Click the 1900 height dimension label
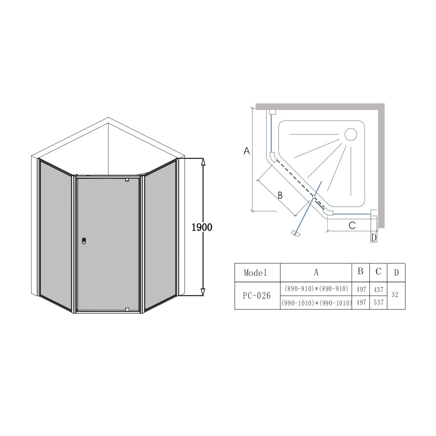pyautogui.click(x=202, y=227)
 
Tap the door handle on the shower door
pyautogui.click(x=83, y=241)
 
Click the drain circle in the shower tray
pyautogui.click(x=351, y=134)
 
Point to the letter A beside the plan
pyautogui.click(x=247, y=151)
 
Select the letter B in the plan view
pyautogui.click(x=280, y=195)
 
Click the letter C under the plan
pyautogui.click(x=352, y=225)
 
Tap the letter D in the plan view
pyautogui.click(x=374, y=238)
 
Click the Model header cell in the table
pyautogui.click(x=255, y=273)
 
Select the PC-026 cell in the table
pyautogui.click(x=257, y=296)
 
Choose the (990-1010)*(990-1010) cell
pyautogui.click(x=316, y=303)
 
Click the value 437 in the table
pyautogui.click(x=378, y=289)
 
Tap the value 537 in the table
pyautogui.click(x=378, y=302)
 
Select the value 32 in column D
pyautogui.click(x=395, y=295)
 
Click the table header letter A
pyautogui.click(x=316, y=272)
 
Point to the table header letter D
pyautogui.click(x=396, y=273)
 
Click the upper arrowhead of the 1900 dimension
pyautogui.click(x=203, y=162)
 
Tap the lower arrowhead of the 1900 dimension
pyautogui.click(x=203, y=292)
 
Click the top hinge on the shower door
pyautogui.click(x=127, y=180)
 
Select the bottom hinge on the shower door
pyautogui.click(x=127, y=309)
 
